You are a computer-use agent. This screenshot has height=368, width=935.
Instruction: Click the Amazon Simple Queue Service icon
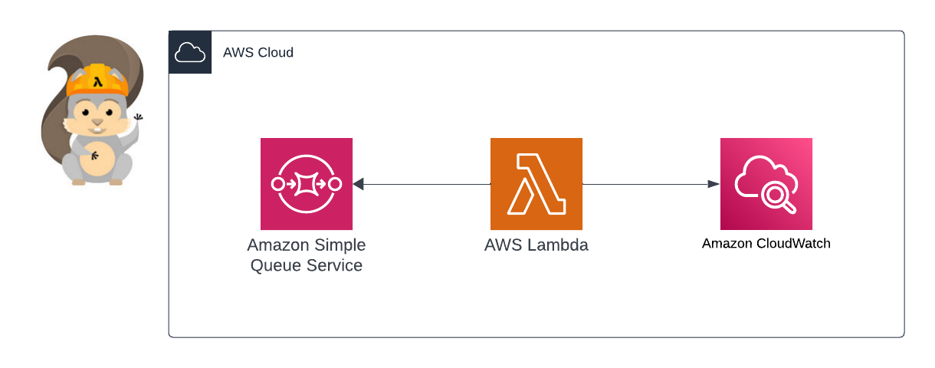[306, 184]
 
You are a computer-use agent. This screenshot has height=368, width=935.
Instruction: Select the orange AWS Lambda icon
[536, 184]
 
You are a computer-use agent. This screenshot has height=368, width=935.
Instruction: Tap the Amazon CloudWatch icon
[766, 184]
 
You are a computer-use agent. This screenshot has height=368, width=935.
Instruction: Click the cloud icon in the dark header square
[189, 53]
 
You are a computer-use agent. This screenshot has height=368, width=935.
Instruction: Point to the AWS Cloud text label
[258, 53]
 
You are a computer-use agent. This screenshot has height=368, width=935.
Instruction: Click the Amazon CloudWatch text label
[766, 244]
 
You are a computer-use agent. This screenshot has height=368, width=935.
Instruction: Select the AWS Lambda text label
[536, 246]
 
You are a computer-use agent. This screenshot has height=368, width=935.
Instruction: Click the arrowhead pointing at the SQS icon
[358, 184]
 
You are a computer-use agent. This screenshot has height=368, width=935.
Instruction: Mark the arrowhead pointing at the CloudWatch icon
[714, 184]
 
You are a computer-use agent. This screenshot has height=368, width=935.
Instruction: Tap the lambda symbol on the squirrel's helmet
[97, 80]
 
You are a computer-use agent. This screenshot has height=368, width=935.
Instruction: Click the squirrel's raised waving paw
[139, 118]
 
